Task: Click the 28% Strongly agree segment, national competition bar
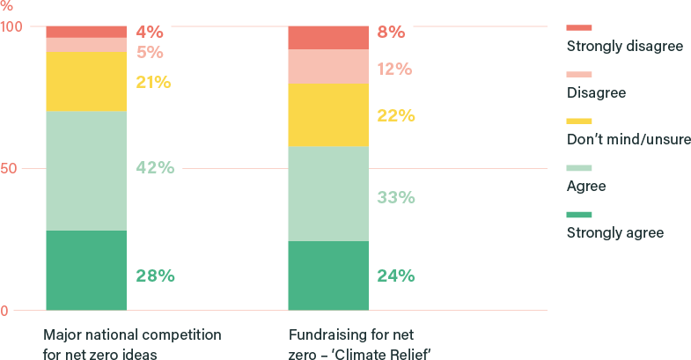point(85,270)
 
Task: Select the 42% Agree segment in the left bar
point(85,171)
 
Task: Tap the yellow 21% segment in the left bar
point(85,82)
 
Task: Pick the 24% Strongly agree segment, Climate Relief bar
point(328,276)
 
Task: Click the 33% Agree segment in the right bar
point(328,194)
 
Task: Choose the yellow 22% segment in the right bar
point(328,114)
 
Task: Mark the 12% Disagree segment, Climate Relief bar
point(328,67)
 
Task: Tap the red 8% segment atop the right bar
point(328,37)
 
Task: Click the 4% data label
point(150,32)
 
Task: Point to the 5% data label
point(150,52)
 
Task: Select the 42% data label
point(155,168)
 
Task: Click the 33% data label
point(395,198)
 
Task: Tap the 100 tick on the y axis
point(11,26)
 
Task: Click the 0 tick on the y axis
point(5,311)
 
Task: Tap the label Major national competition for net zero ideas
point(132,344)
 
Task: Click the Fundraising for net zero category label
point(358,344)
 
